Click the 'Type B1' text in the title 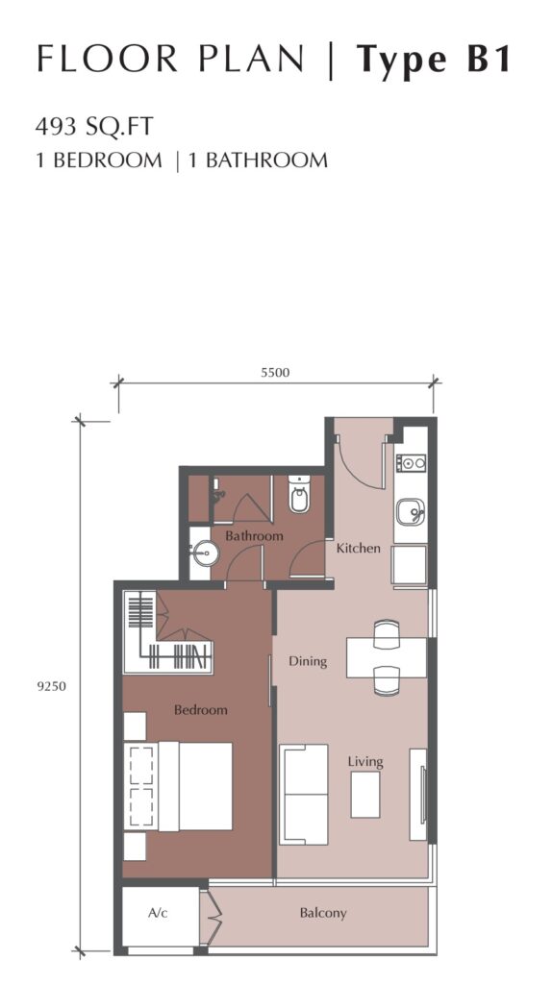pyautogui.click(x=434, y=61)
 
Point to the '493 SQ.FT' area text pyautogui.click(x=94, y=127)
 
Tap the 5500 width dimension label pyautogui.click(x=275, y=372)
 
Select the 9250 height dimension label pyautogui.click(x=51, y=686)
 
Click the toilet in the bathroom pyautogui.click(x=298, y=495)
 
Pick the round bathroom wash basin pyautogui.click(x=202, y=553)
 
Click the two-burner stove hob pyautogui.click(x=411, y=463)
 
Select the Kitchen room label pyautogui.click(x=358, y=548)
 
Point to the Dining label pyautogui.click(x=308, y=661)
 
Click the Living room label pyautogui.click(x=365, y=762)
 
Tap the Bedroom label pyautogui.click(x=200, y=710)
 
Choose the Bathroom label pyautogui.click(x=254, y=536)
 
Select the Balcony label pyautogui.click(x=323, y=913)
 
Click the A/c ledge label pyautogui.click(x=158, y=913)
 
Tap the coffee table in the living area pyautogui.click(x=364, y=795)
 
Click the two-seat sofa pyautogui.click(x=303, y=795)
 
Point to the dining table pyautogui.click(x=387, y=657)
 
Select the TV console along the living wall pyautogui.click(x=418, y=794)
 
